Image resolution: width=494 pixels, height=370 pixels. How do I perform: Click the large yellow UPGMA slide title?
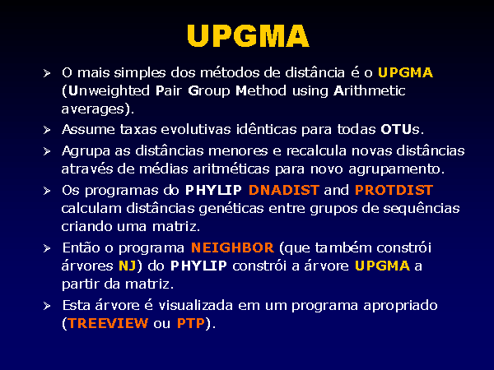tap(248, 35)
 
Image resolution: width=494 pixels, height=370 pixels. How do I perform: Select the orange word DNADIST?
tap(284, 190)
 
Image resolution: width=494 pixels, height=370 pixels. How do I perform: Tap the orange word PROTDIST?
tap(394, 190)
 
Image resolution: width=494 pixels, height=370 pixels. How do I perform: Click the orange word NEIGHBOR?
tap(232, 247)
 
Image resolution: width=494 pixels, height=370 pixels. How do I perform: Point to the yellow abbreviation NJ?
tap(128, 266)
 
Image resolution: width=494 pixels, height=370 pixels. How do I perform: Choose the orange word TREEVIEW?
tap(108, 323)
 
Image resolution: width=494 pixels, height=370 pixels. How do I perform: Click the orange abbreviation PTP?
tap(191, 323)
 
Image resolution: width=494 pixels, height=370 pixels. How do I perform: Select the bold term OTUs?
tap(400, 129)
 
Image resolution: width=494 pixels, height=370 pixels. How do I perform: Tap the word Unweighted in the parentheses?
tap(109, 91)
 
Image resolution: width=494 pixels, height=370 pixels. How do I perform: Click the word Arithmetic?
tap(369, 91)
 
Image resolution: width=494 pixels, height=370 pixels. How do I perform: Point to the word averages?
tap(93, 109)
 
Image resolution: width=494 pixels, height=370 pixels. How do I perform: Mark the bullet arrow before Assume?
tap(47, 130)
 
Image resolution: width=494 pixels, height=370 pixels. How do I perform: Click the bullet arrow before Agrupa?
tap(47, 151)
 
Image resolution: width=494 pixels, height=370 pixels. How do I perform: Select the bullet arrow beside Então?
tap(47, 248)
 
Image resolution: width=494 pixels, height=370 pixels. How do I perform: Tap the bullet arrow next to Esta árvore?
tap(47, 306)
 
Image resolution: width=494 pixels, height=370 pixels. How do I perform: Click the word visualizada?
tap(195, 305)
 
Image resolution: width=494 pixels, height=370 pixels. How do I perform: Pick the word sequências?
tap(422, 209)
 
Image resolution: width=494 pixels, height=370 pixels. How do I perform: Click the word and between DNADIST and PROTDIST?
tap(337, 190)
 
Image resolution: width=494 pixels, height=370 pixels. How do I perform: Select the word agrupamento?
tap(396, 169)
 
